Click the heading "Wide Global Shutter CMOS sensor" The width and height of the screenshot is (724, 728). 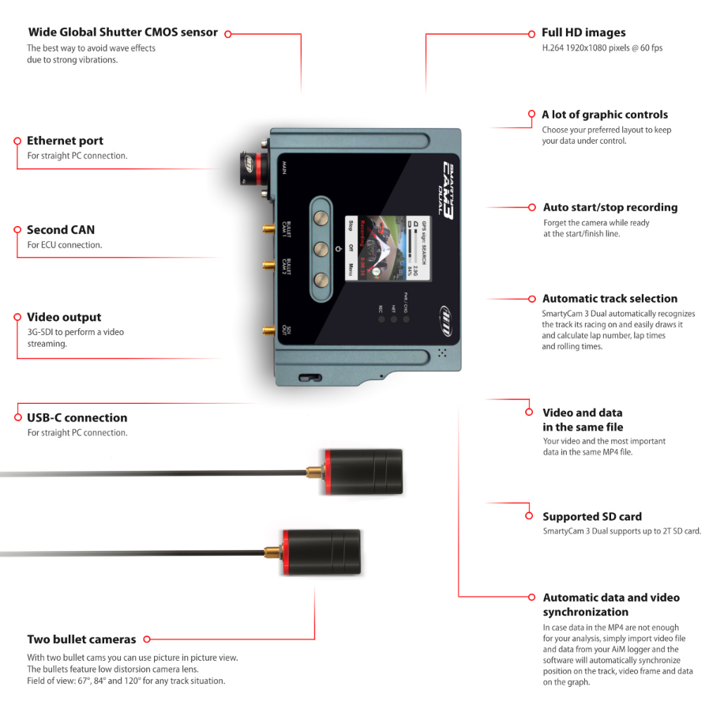click(122, 33)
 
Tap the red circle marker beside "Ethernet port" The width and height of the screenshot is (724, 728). click(17, 141)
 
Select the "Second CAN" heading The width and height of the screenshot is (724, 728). click(61, 230)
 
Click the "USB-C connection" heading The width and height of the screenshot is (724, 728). click(77, 417)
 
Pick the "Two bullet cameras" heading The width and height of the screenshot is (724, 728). click(81, 639)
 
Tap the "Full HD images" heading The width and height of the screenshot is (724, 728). click(583, 33)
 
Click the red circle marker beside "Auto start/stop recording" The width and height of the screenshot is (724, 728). click(532, 207)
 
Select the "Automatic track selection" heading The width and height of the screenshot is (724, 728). click(610, 299)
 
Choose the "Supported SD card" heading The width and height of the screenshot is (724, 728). click(592, 517)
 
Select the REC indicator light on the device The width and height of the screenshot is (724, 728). click(381, 320)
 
